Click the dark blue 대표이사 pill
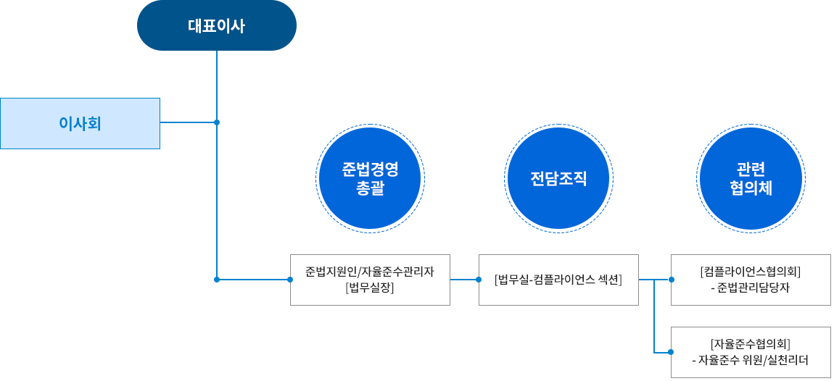(216, 26)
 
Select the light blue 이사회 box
(80, 123)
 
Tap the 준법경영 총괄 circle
(370, 178)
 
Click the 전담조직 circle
(558, 178)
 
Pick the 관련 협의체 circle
(751, 178)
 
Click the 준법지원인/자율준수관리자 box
(370, 280)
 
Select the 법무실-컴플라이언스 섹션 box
(558, 280)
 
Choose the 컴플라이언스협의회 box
(751, 280)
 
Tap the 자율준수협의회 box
(751, 352)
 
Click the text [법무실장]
(370, 288)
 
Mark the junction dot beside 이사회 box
(217, 122)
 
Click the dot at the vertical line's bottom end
(217, 279)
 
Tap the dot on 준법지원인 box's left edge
(290, 279)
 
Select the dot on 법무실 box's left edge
(479, 279)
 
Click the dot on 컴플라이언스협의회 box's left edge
(671, 279)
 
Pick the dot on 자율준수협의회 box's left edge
(671, 352)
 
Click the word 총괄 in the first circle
(370, 188)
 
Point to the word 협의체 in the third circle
(751, 188)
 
